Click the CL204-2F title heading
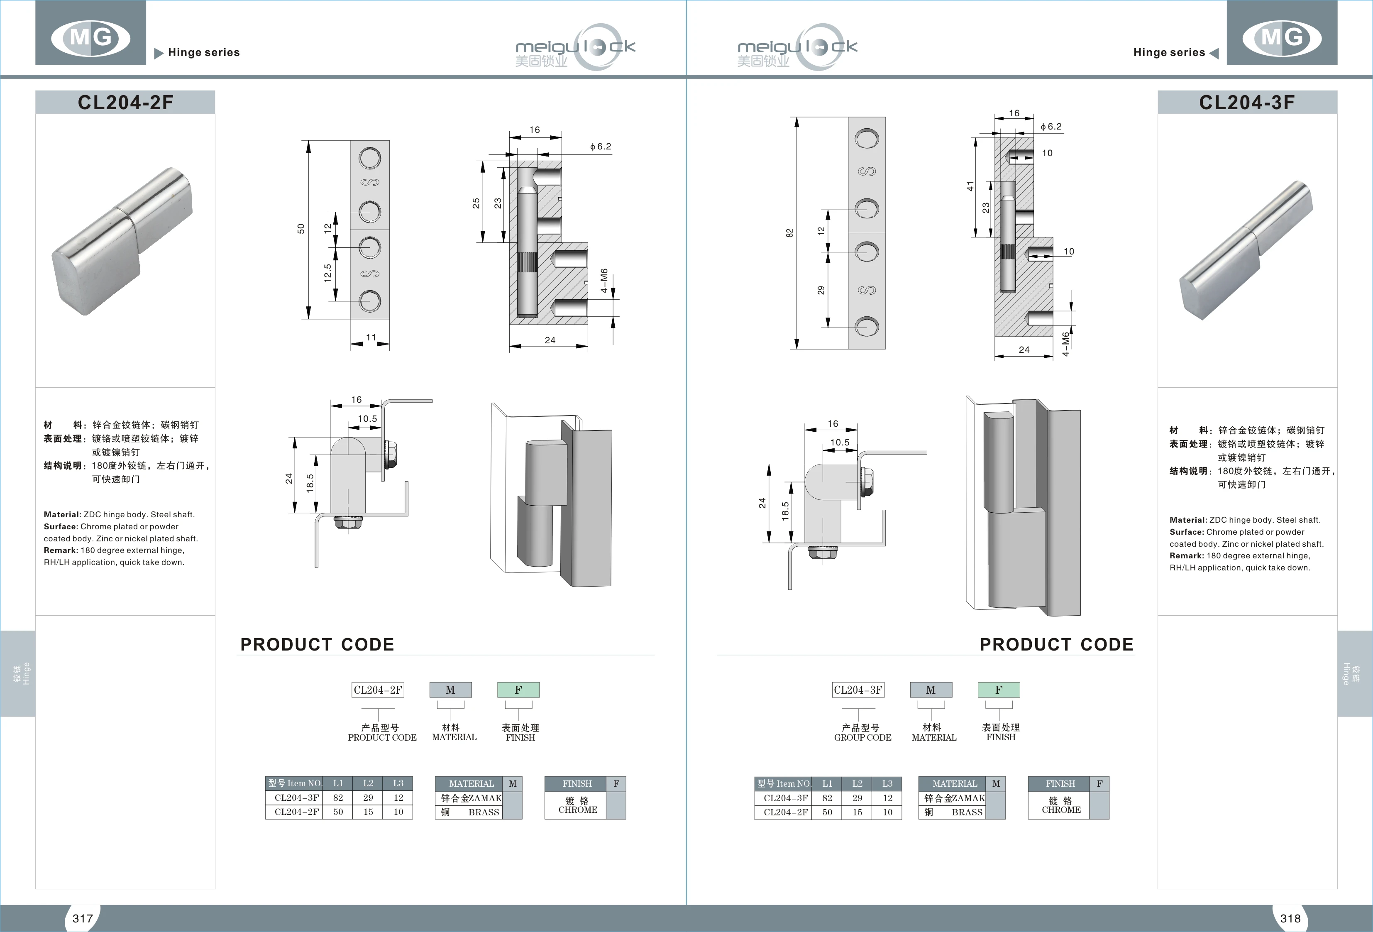tap(125, 102)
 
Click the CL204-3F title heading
tap(1246, 102)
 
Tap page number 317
tap(83, 918)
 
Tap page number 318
tap(1290, 918)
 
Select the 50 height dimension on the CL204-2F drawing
tap(301, 229)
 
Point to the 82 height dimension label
tap(789, 233)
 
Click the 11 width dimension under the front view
tap(370, 338)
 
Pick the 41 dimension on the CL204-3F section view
tap(970, 186)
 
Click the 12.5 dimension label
tap(327, 273)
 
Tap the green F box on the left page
tap(518, 690)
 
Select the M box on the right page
tap(931, 690)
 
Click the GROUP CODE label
tap(862, 738)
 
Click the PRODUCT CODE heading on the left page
tap(317, 644)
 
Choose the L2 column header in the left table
tap(368, 783)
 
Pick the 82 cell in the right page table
tap(827, 798)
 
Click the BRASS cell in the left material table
tap(483, 812)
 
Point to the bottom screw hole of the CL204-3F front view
tap(867, 326)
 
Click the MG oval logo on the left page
tap(90, 38)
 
